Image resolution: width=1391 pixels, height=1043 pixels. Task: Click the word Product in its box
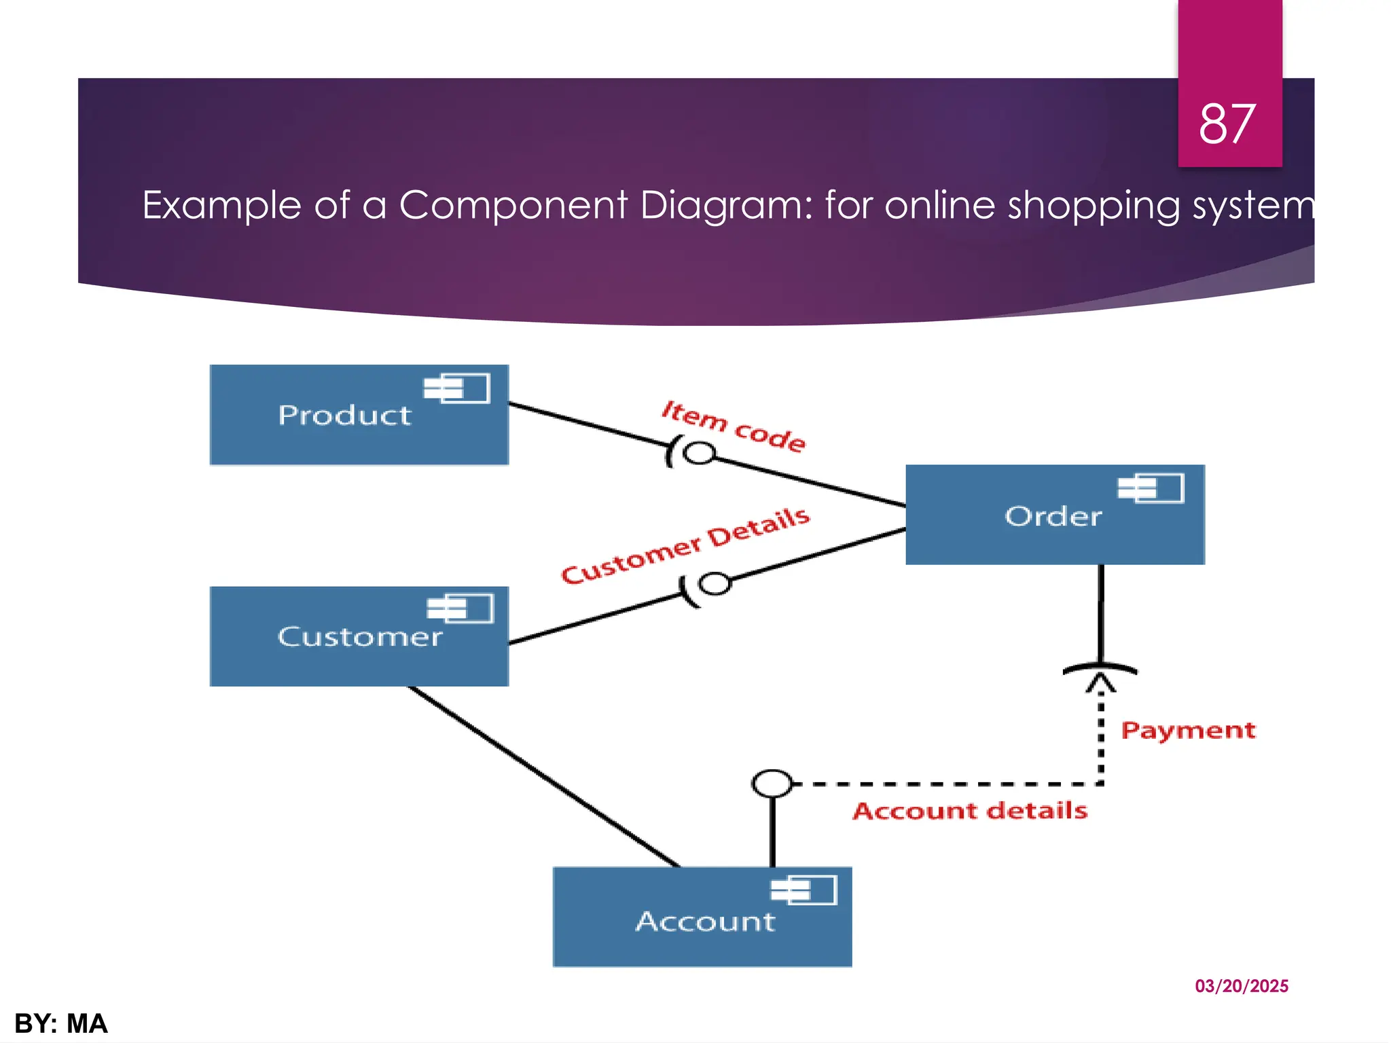pyautogui.click(x=344, y=415)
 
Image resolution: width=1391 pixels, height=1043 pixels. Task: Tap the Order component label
pyautogui.click(x=1053, y=517)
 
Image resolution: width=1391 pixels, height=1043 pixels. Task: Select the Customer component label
pyautogui.click(x=359, y=637)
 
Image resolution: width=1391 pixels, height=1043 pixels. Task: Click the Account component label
pyautogui.click(x=705, y=921)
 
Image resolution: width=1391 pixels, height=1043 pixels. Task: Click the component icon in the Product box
pyautogui.click(x=457, y=388)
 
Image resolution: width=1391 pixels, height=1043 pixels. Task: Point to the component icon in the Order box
pyautogui.click(x=1151, y=488)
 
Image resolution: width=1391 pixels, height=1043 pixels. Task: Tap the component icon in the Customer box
pyautogui.click(x=460, y=608)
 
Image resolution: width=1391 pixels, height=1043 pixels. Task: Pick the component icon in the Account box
pyautogui.click(x=803, y=890)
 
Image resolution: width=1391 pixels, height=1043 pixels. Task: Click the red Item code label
pyautogui.click(x=734, y=426)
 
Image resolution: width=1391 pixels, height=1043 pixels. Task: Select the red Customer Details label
pyautogui.click(x=685, y=545)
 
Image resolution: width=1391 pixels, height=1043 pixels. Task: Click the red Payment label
pyautogui.click(x=1188, y=731)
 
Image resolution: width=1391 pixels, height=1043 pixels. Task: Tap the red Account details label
pyautogui.click(x=970, y=811)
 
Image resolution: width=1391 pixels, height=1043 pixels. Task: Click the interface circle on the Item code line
pyautogui.click(x=699, y=453)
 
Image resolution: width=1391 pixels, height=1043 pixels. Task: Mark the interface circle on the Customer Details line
pyautogui.click(x=715, y=583)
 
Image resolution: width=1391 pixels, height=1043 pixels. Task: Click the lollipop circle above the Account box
pyautogui.click(x=772, y=784)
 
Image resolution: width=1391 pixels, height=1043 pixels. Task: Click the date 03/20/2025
pyautogui.click(x=1241, y=986)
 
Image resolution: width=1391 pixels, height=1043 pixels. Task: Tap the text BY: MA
pyautogui.click(x=61, y=1023)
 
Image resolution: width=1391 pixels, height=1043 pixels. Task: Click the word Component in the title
pyautogui.click(x=513, y=205)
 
